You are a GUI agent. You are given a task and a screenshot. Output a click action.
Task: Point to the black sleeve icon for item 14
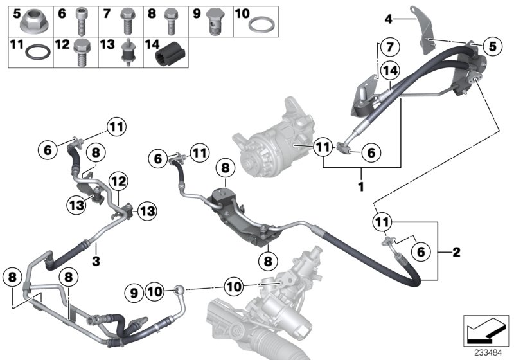point(170,54)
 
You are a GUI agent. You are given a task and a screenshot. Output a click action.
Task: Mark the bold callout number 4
point(388,19)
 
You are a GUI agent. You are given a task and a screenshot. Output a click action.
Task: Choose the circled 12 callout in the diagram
point(118,183)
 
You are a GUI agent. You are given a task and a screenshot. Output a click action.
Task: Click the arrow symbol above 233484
point(486,330)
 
